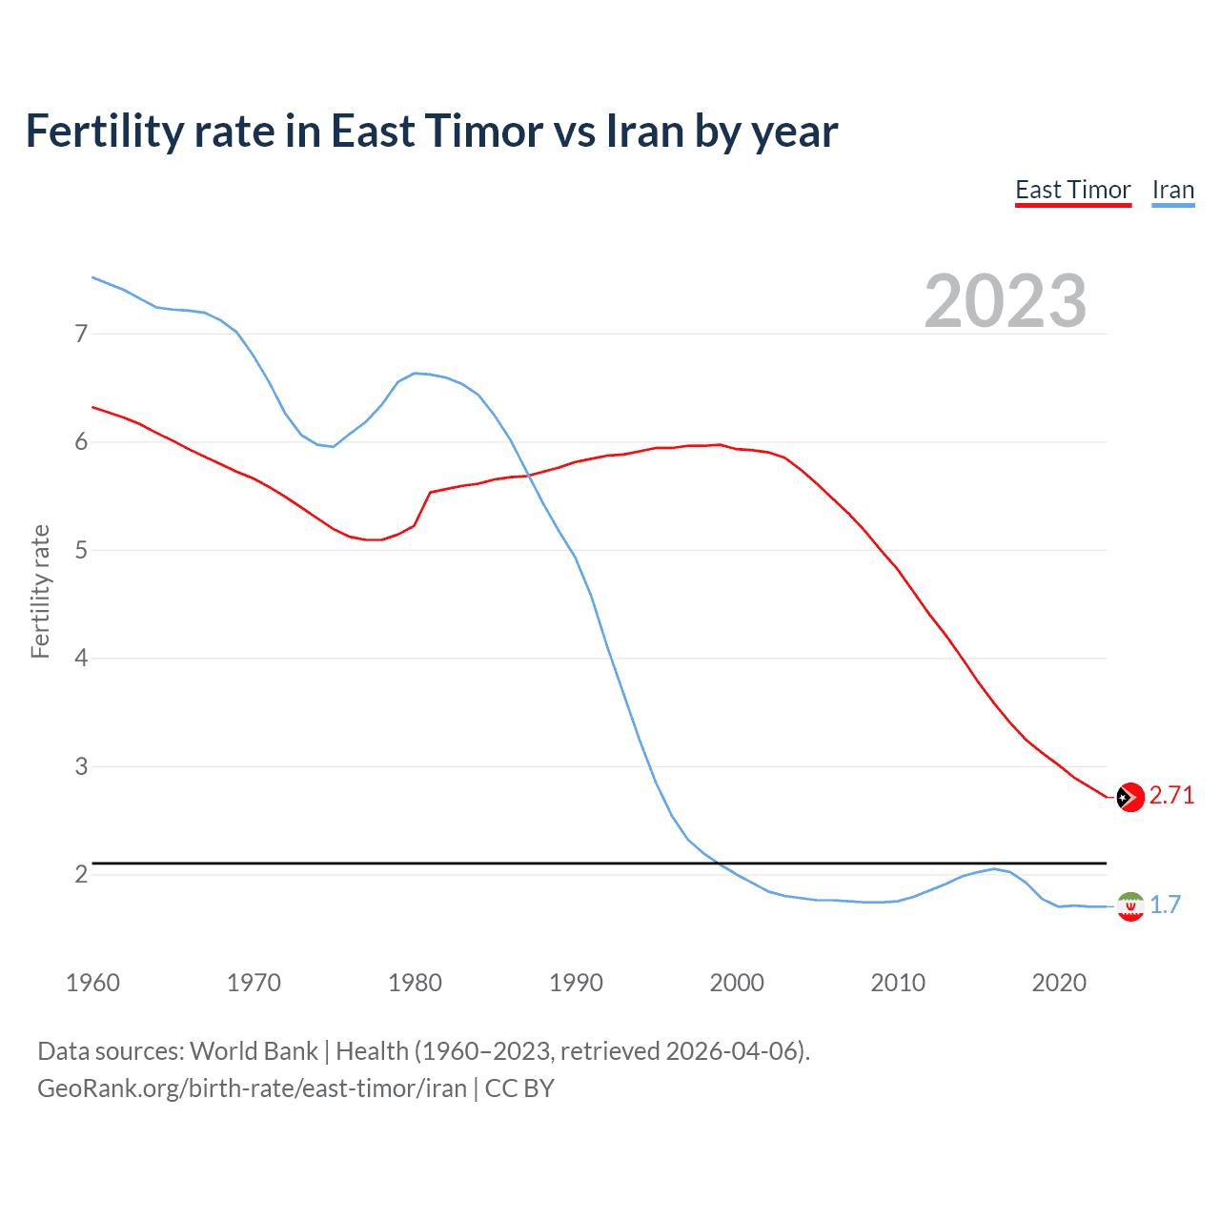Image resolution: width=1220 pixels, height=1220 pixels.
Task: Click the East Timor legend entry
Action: (1072, 191)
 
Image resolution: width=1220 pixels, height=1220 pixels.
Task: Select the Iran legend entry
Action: (1172, 191)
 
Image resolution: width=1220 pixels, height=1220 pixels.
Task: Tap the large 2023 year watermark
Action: (1005, 301)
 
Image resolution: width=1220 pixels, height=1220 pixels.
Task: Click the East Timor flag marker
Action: (1130, 797)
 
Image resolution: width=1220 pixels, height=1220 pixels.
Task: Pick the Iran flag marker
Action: (1130, 905)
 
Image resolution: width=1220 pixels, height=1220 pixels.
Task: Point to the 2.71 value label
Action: (1171, 796)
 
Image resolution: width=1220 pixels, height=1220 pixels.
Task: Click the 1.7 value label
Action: (1165, 905)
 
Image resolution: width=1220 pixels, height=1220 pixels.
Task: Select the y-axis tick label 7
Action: (81, 334)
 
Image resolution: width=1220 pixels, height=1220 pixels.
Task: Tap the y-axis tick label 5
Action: (81, 550)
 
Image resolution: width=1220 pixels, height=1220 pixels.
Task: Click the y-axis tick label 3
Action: (81, 766)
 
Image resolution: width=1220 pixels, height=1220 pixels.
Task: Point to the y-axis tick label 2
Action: (81, 874)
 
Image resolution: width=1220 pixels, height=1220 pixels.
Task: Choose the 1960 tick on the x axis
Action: (92, 983)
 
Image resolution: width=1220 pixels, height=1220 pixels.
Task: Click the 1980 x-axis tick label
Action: (415, 983)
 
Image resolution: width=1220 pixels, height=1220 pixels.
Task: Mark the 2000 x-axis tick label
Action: (737, 983)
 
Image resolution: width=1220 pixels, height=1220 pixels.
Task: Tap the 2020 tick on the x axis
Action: (1059, 983)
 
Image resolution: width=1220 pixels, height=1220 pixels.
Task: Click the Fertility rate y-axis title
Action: (40, 591)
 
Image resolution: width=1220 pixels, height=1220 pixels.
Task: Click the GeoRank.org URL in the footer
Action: (252, 1088)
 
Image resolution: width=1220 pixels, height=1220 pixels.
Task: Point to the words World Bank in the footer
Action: (254, 1051)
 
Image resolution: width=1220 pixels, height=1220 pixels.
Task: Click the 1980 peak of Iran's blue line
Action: (415, 373)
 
